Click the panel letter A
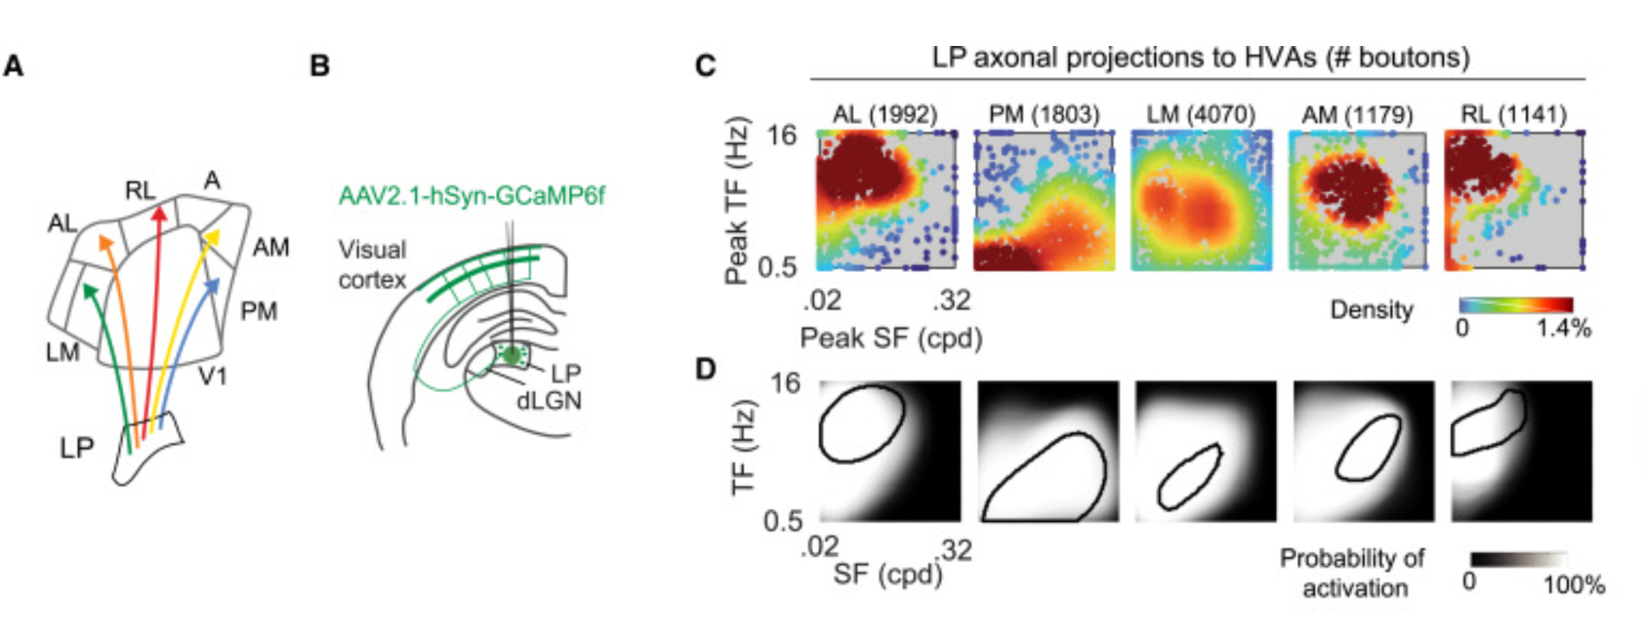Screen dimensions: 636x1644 point(13,66)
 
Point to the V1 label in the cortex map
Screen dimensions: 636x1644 point(213,376)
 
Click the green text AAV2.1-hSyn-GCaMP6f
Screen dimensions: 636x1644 point(471,196)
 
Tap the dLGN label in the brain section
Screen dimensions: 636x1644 point(548,401)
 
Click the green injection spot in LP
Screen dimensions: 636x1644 point(512,355)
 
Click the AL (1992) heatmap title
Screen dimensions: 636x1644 point(884,114)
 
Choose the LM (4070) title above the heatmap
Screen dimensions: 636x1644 point(1201,114)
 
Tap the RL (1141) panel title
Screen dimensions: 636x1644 point(1513,114)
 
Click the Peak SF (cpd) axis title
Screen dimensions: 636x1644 point(891,338)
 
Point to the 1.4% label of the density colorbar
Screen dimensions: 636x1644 point(1563,328)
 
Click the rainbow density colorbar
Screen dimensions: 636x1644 point(1516,305)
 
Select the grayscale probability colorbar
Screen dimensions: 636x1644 point(1518,560)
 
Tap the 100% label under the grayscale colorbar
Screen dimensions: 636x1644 point(1573,585)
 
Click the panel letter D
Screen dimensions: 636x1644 point(705,369)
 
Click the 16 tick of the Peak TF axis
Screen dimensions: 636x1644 point(781,135)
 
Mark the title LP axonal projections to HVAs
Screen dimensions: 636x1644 point(1200,58)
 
